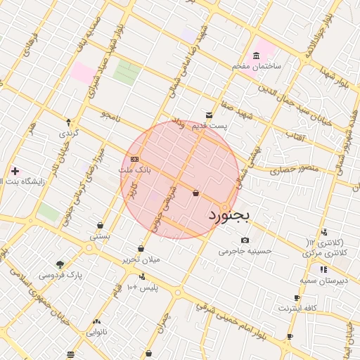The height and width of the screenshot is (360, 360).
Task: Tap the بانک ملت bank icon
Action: (135, 160)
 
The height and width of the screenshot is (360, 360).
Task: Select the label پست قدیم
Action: (212, 126)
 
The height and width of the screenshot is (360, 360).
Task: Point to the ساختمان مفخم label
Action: (257, 66)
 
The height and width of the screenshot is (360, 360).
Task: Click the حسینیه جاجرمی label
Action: (245, 250)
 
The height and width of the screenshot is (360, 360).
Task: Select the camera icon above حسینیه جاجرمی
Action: (245, 240)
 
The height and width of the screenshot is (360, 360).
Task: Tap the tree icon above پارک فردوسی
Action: (60, 264)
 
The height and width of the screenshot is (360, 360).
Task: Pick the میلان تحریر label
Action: (142, 259)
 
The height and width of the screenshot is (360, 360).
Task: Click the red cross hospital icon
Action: (15, 171)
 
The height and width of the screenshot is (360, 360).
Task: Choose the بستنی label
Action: (100, 237)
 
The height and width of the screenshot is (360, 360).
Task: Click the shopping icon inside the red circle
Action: (195, 193)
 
